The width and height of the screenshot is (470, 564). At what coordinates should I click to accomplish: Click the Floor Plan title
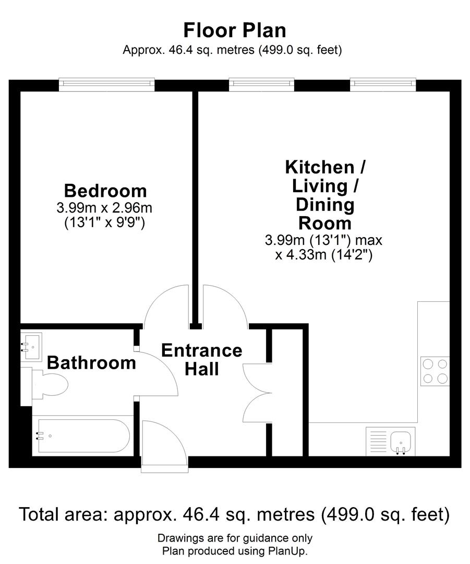[x=235, y=30]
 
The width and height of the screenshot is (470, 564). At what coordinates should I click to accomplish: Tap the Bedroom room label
[x=105, y=191]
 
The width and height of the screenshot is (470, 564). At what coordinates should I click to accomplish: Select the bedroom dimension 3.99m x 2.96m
[x=104, y=207]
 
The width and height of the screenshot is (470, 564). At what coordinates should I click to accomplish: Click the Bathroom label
[x=91, y=362]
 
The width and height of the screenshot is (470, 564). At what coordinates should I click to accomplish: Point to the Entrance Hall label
[x=201, y=360]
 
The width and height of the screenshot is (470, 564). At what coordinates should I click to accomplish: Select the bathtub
[x=82, y=436]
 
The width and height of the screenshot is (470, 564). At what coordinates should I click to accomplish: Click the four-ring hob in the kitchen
[x=435, y=372]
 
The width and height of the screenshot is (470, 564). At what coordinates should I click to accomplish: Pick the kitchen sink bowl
[x=401, y=442]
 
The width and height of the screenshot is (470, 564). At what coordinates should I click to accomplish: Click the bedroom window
[x=107, y=84]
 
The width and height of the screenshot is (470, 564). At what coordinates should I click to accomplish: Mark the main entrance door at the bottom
[x=164, y=446]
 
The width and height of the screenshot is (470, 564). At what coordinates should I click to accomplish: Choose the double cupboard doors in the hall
[x=257, y=393]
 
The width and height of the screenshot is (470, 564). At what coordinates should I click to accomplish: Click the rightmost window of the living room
[x=383, y=84]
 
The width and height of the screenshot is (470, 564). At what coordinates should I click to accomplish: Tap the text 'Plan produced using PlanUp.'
[x=235, y=551]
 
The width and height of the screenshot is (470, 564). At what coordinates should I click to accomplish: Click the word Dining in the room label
[x=325, y=205]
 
